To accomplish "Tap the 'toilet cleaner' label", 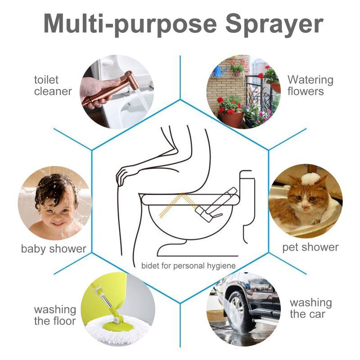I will (53, 85).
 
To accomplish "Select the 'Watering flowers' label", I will (310, 85).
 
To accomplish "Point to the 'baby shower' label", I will (54, 248).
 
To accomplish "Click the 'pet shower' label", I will (310, 247).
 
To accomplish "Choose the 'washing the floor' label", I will (55, 315).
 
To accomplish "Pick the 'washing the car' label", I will (310, 308).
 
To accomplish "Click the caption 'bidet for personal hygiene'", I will (189, 265).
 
